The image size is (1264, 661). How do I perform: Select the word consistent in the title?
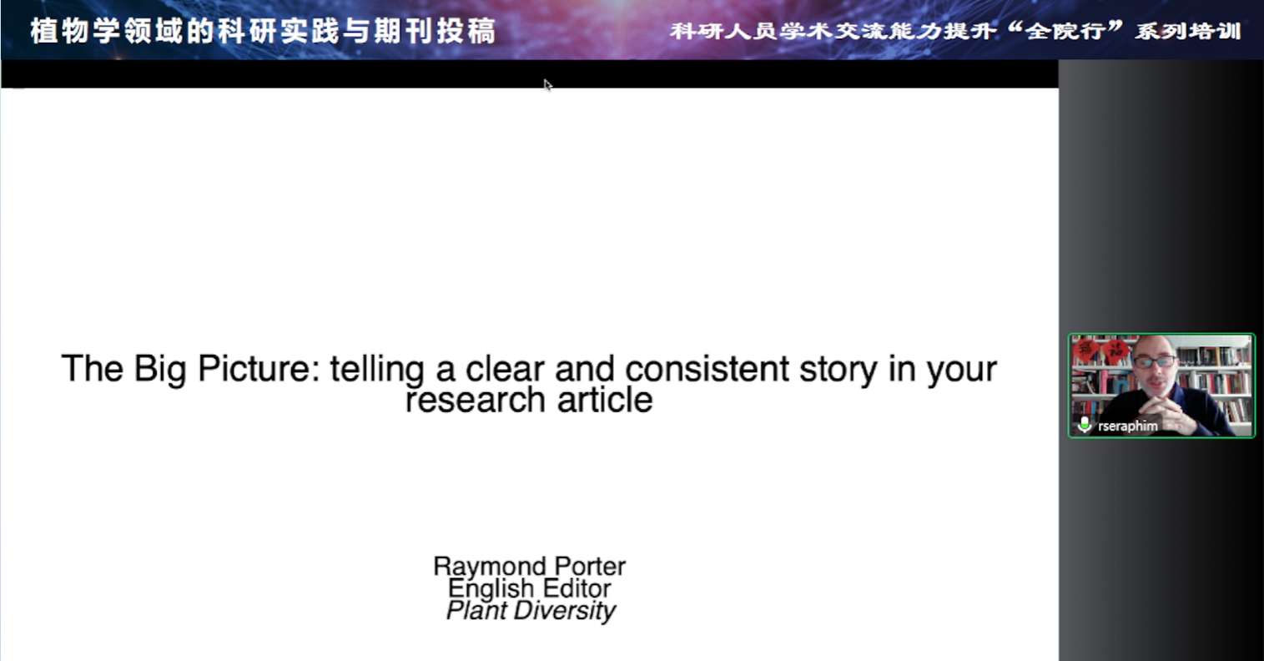pos(707,369)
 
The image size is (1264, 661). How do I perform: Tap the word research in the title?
pos(476,401)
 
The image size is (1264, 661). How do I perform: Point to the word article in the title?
pos(605,400)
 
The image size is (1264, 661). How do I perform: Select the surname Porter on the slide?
pos(590,566)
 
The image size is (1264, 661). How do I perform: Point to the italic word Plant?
pos(477,610)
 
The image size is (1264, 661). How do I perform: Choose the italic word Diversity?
pos(565,611)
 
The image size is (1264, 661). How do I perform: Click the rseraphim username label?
pos(1127,426)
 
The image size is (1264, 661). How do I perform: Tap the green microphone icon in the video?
pos(1085,425)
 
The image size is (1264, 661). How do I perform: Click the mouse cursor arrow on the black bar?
pos(547,84)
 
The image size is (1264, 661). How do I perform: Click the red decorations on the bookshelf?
pos(1100,351)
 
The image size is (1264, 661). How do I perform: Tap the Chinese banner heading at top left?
pos(264,31)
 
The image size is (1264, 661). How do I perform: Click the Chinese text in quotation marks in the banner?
pos(1065,31)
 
